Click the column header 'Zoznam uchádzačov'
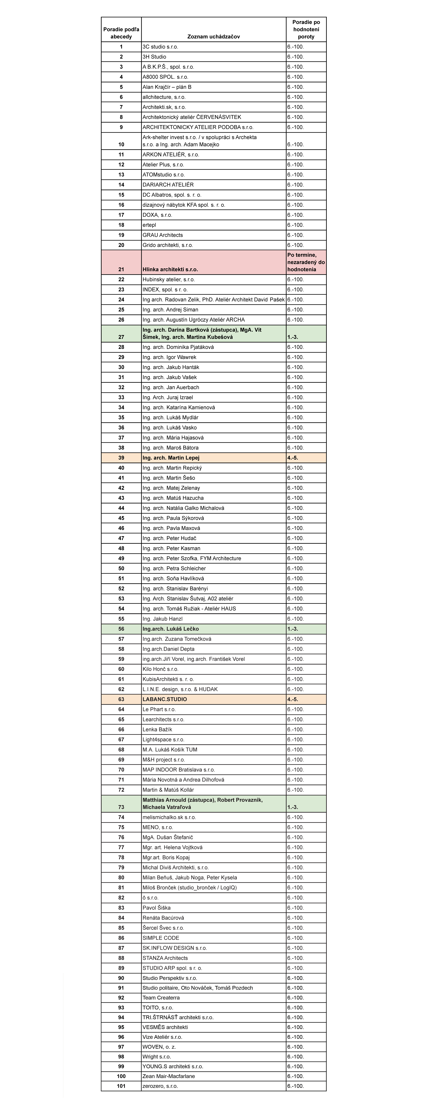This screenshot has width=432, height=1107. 214,37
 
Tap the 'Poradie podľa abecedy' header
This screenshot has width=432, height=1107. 121,33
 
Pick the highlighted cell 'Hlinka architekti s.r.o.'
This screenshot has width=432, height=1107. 170,269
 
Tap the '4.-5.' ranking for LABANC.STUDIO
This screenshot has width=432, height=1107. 293,699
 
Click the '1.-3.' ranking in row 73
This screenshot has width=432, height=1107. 293,807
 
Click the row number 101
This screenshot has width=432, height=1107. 121,1086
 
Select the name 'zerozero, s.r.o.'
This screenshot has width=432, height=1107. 160,1086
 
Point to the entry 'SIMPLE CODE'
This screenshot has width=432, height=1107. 161,938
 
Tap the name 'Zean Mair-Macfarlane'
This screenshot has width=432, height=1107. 168,1076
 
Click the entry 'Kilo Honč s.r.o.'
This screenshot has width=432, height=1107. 160,669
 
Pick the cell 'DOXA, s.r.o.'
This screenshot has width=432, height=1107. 157,215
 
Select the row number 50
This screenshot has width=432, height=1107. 121,569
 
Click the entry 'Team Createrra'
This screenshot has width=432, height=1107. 161,997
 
